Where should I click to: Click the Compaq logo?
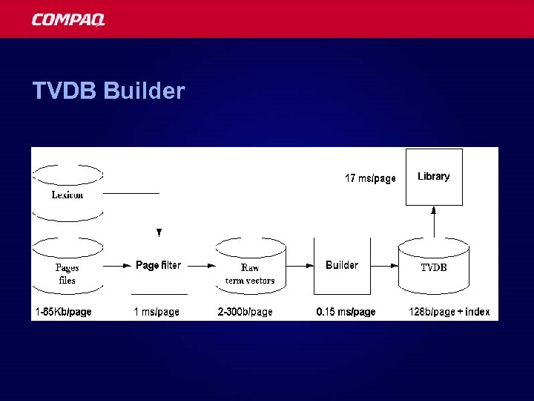[68, 19]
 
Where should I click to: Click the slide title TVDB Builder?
[108, 91]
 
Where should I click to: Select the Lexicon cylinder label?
[67, 195]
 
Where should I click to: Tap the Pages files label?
[67, 273]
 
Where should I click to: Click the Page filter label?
[158, 265]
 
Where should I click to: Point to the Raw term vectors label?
[250, 273]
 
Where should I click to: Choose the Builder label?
[342, 265]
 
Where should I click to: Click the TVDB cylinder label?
[434, 267]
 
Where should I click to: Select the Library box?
[434, 177]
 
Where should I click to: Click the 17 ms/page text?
[370, 178]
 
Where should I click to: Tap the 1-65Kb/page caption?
[63, 312]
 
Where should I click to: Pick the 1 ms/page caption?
[156, 312]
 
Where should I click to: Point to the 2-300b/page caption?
[245, 312]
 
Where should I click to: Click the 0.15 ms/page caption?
[346, 312]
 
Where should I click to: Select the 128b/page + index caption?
[449, 312]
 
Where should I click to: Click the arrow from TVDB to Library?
[434, 221]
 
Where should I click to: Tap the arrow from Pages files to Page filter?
[117, 265]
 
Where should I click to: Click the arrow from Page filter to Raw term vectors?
[199, 265]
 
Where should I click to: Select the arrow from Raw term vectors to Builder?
[299, 265]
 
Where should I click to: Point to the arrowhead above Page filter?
[159, 232]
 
